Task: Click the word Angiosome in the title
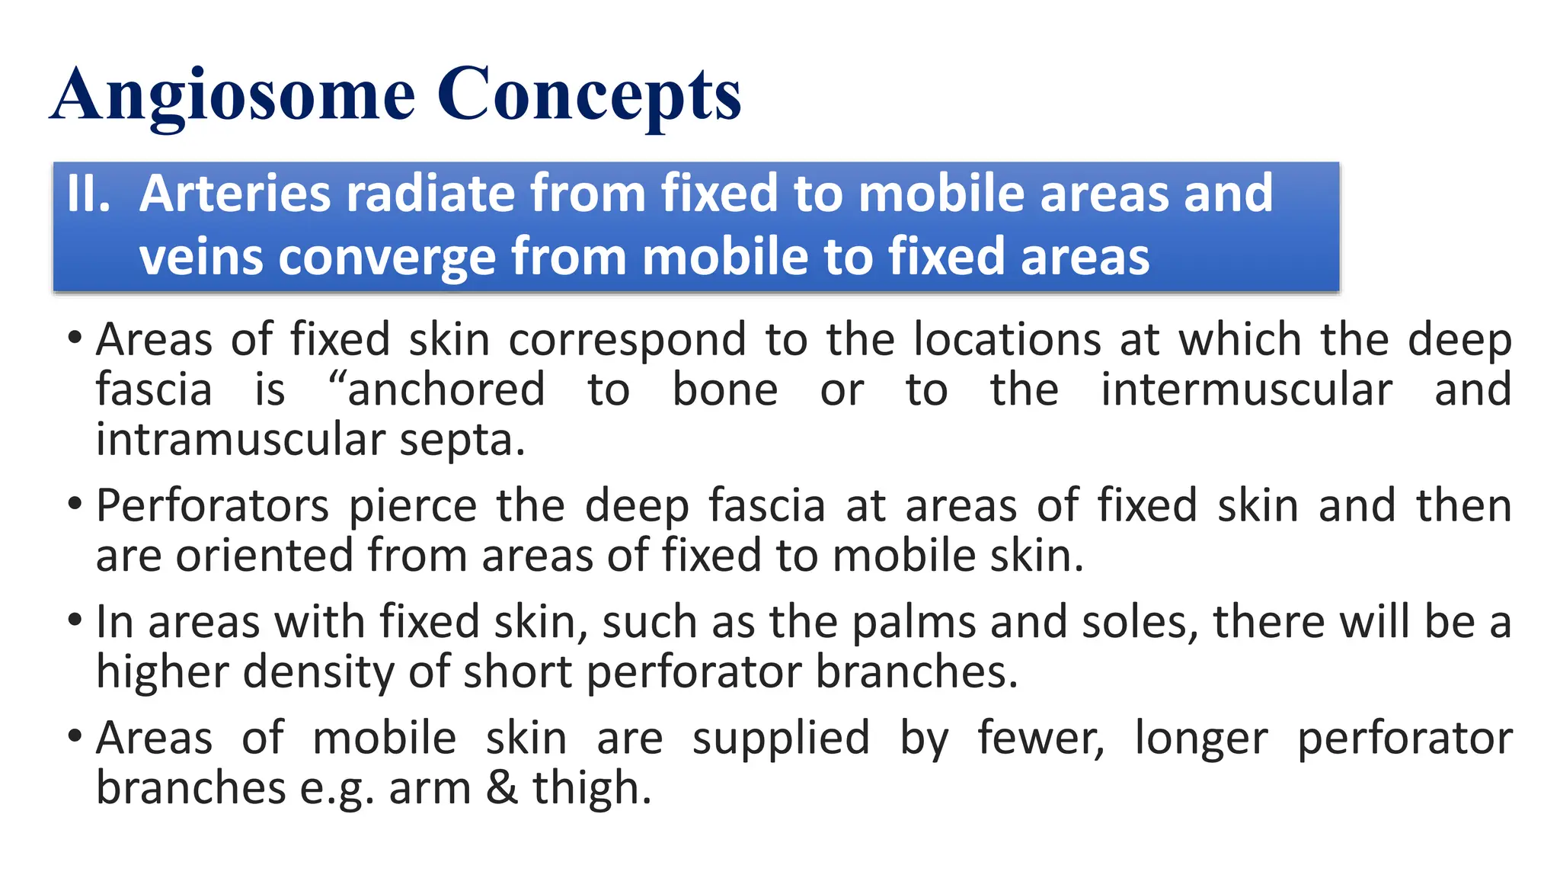pos(233,95)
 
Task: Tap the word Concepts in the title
pos(588,95)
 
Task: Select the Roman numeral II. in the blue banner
pos(88,193)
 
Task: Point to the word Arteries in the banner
pos(236,193)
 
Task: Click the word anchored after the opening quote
pos(446,389)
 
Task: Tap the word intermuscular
pos(1246,389)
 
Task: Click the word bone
pos(724,389)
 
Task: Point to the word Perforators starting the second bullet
pos(213,505)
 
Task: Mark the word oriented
pos(264,555)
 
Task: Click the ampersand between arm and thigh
pos(502,787)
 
